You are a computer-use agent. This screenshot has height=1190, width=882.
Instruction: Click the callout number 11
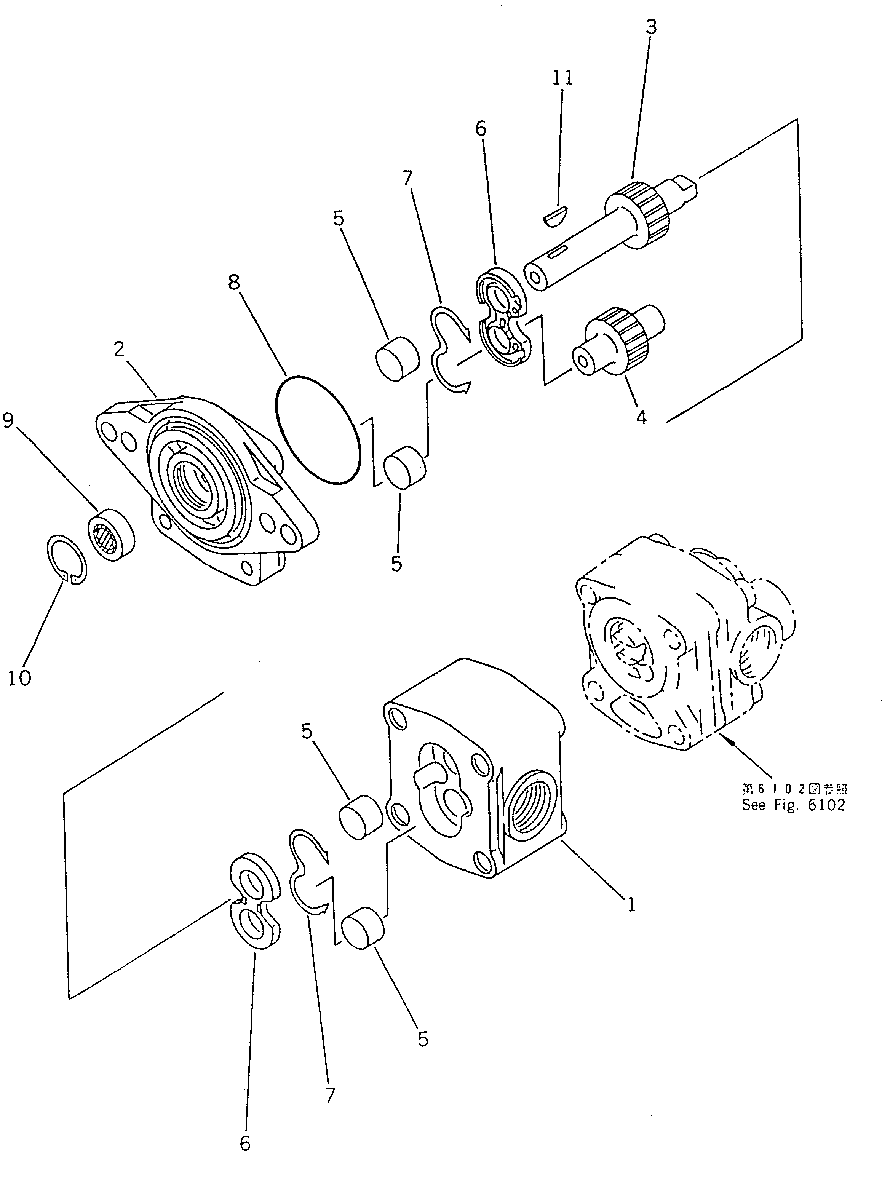coord(562,78)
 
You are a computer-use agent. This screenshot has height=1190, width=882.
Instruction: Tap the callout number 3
coord(650,27)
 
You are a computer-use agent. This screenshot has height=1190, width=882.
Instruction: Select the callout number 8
coord(234,283)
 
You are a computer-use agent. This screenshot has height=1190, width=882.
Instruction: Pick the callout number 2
coord(118,349)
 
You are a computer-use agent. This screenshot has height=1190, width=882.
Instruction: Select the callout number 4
coord(641,417)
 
